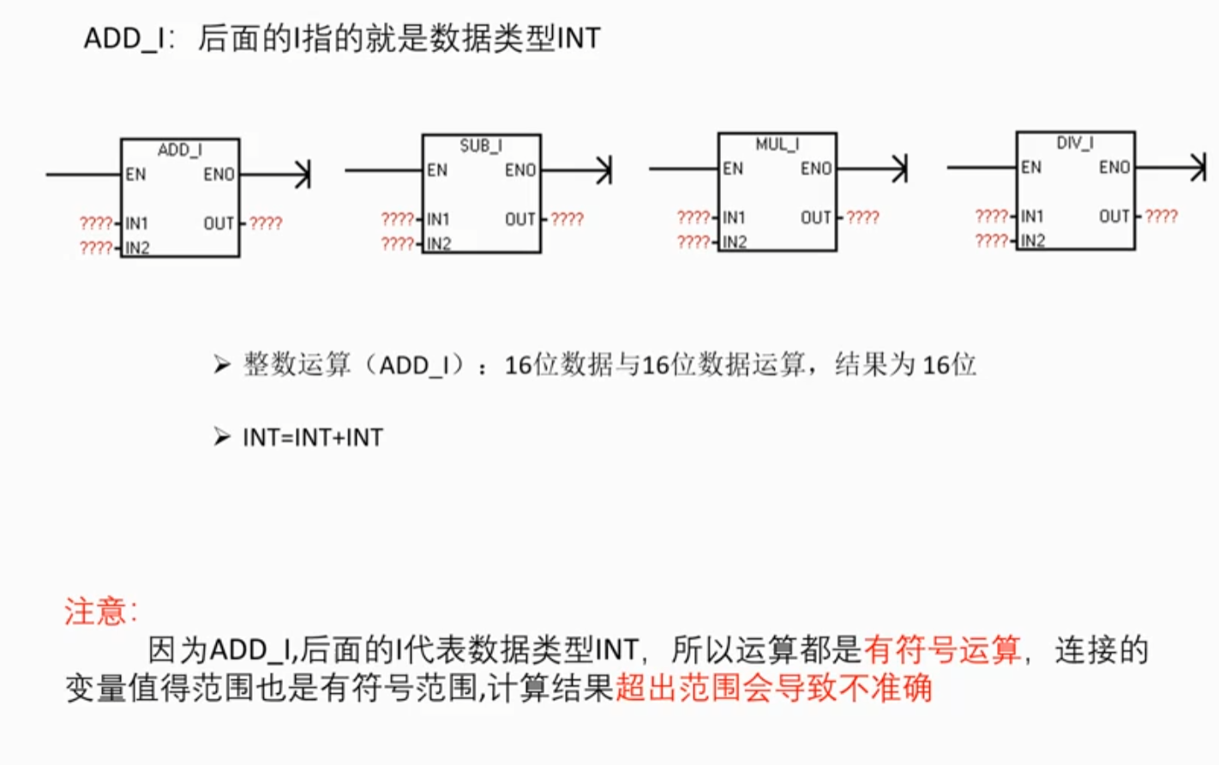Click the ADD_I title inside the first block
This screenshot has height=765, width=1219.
[180, 150]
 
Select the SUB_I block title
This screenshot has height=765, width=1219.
[481, 146]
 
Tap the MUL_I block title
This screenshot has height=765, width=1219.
[778, 144]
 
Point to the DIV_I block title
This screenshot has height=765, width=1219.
[1075, 143]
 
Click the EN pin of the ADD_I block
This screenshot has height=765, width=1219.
[135, 175]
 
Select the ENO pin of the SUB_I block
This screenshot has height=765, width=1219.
[520, 170]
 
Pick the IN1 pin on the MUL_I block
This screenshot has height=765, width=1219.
[734, 218]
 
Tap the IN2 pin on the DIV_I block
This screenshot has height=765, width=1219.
[1032, 241]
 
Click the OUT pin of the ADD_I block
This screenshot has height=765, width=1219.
[219, 224]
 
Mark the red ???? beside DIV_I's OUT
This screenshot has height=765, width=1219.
[1162, 217]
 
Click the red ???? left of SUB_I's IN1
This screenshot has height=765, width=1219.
[398, 219]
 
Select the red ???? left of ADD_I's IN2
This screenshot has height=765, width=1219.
[96, 248]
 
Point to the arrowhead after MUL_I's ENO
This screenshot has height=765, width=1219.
[900, 169]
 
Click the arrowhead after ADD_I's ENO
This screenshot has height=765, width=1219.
[303, 175]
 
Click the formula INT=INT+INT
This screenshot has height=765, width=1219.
[313, 438]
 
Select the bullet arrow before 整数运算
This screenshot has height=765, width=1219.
[222, 364]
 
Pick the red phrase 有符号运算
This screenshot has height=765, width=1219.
[942, 649]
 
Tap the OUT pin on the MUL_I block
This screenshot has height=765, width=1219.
[816, 218]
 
